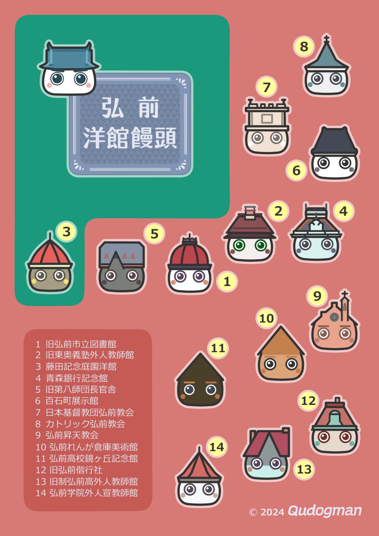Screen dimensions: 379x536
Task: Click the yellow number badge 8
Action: click(304, 46)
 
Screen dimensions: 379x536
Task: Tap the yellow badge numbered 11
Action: click(218, 348)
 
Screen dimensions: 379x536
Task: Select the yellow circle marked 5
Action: click(154, 234)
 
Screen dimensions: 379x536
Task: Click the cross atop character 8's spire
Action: click(326, 39)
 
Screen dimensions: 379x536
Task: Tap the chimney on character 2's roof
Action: click(250, 212)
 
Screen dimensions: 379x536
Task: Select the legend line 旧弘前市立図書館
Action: click(81, 344)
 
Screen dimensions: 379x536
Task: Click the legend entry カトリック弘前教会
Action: click(85, 424)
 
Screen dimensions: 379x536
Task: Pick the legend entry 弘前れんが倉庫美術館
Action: click(93, 447)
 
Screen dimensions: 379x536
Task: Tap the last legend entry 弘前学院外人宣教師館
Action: click(93, 493)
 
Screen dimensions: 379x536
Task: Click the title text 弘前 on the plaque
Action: click(130, 108)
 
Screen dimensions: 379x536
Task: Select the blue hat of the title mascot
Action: click(69, 56)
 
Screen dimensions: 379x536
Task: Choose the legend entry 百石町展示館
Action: click(72, 401)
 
